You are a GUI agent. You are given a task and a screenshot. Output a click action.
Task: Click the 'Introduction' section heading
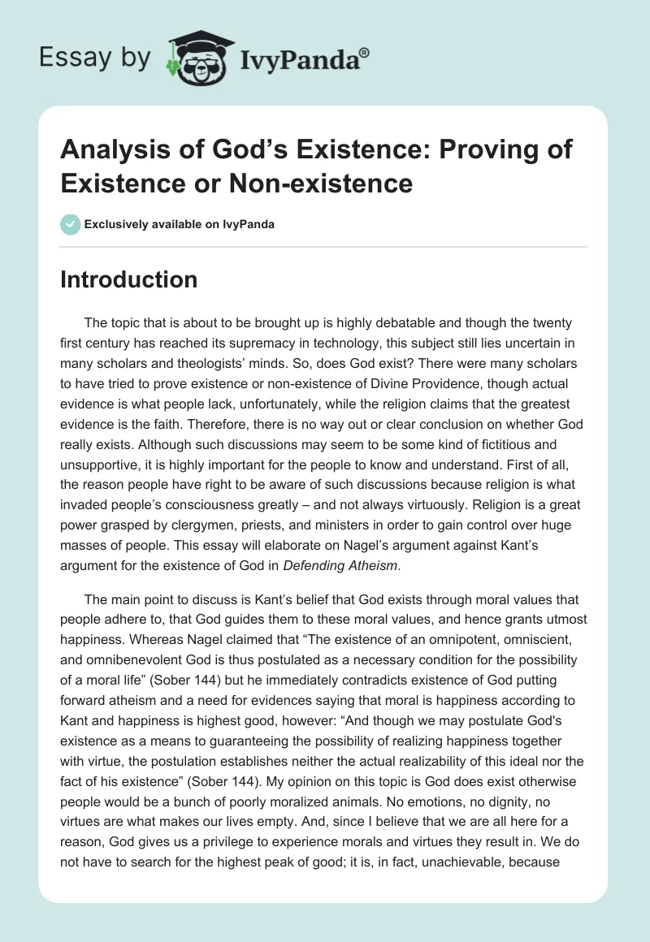pos(129,279)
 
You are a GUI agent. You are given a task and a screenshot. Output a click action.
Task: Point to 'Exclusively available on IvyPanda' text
pos(178,224)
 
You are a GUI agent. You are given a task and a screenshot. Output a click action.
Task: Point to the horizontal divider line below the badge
pos(323,246)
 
